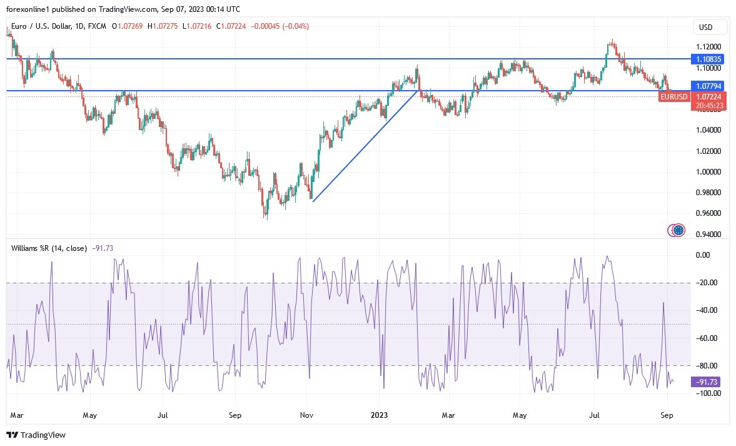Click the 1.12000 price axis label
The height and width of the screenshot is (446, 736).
click(708, 47)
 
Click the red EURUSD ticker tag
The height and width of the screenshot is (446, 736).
click(675, 97)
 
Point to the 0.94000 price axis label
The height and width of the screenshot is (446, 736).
click(708, 234)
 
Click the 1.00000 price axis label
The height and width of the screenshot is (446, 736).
click(708, 171)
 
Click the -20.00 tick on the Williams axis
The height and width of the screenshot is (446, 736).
click(708, 283)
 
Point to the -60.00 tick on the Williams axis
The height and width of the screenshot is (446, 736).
click(708, 338)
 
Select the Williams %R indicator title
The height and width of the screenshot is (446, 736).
click(49, 248)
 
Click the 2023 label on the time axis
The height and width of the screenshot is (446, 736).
click(380, 414)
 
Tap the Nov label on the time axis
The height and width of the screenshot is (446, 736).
click(306, 414)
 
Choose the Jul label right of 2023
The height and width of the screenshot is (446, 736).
click(595, 414)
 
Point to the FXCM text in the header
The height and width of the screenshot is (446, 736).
click(98, 26)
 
